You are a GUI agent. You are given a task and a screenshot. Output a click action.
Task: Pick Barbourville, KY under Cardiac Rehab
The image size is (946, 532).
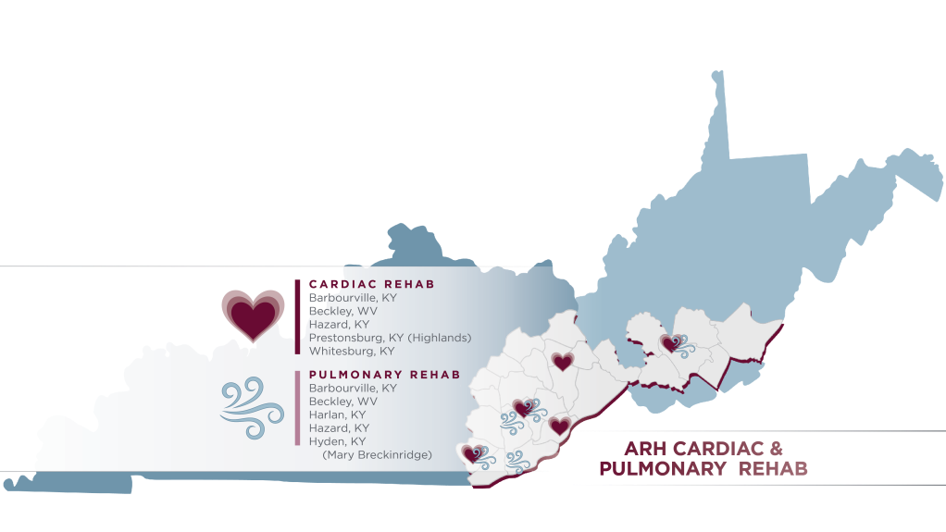(x=353, y=299)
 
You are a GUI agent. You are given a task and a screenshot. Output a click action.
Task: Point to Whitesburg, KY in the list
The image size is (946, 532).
(x=352, y=352)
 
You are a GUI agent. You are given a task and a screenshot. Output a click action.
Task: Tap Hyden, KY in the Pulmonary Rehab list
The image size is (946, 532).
(x=338, y=441)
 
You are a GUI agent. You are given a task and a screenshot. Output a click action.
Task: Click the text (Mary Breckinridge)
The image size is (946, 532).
(x=377, y=454)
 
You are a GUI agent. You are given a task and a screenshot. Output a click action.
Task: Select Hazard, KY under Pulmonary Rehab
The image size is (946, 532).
(x=339, y=428)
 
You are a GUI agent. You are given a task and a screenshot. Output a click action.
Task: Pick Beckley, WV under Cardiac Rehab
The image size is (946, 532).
(x=342, y=312)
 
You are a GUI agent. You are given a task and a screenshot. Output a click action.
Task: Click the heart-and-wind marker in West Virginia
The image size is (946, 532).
(x=674, y=344)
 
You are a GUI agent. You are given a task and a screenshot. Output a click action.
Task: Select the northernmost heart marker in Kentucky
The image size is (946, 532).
(x=562, y=362)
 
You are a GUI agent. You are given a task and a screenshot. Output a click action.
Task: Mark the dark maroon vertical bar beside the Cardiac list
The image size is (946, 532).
(x=297, y=316)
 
